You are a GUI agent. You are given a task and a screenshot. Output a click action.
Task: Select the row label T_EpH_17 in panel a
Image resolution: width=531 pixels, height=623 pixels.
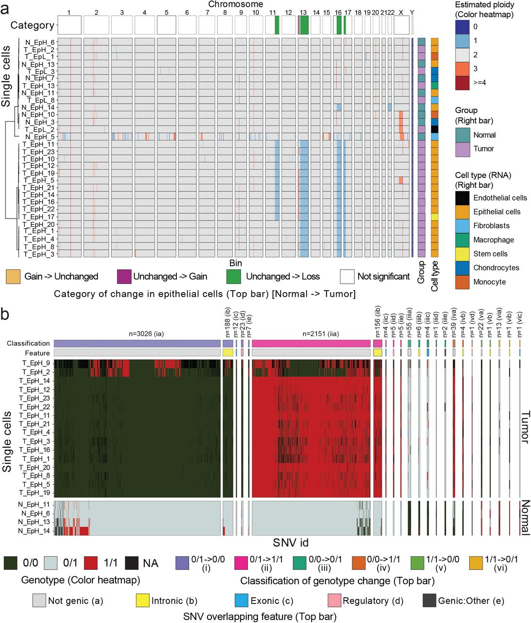tap(38, 217)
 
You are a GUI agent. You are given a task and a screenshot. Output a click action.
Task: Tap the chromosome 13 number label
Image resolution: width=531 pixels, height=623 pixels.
tap(303, 12)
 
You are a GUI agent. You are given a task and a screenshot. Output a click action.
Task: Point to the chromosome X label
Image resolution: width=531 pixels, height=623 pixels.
tap(401, 12)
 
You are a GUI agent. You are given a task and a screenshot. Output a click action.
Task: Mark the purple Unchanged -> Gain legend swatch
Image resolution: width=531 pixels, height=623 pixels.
tap(124, 276)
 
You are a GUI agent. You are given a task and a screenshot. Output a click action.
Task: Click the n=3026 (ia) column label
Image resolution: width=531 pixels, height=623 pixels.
tap(136, 334)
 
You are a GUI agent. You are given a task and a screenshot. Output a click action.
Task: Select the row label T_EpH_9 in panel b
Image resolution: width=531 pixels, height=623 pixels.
tap(36, 363)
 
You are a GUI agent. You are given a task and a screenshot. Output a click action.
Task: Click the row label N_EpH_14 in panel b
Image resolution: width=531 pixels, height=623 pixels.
tap(34, 531)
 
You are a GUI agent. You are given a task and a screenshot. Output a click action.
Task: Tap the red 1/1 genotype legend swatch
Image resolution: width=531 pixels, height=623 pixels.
tap(91, 563)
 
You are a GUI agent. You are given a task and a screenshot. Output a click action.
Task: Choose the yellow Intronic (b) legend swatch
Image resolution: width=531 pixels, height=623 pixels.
tap(142, 601)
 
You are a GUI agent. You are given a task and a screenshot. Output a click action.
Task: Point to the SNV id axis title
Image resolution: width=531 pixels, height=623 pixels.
tap(290, 543)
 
